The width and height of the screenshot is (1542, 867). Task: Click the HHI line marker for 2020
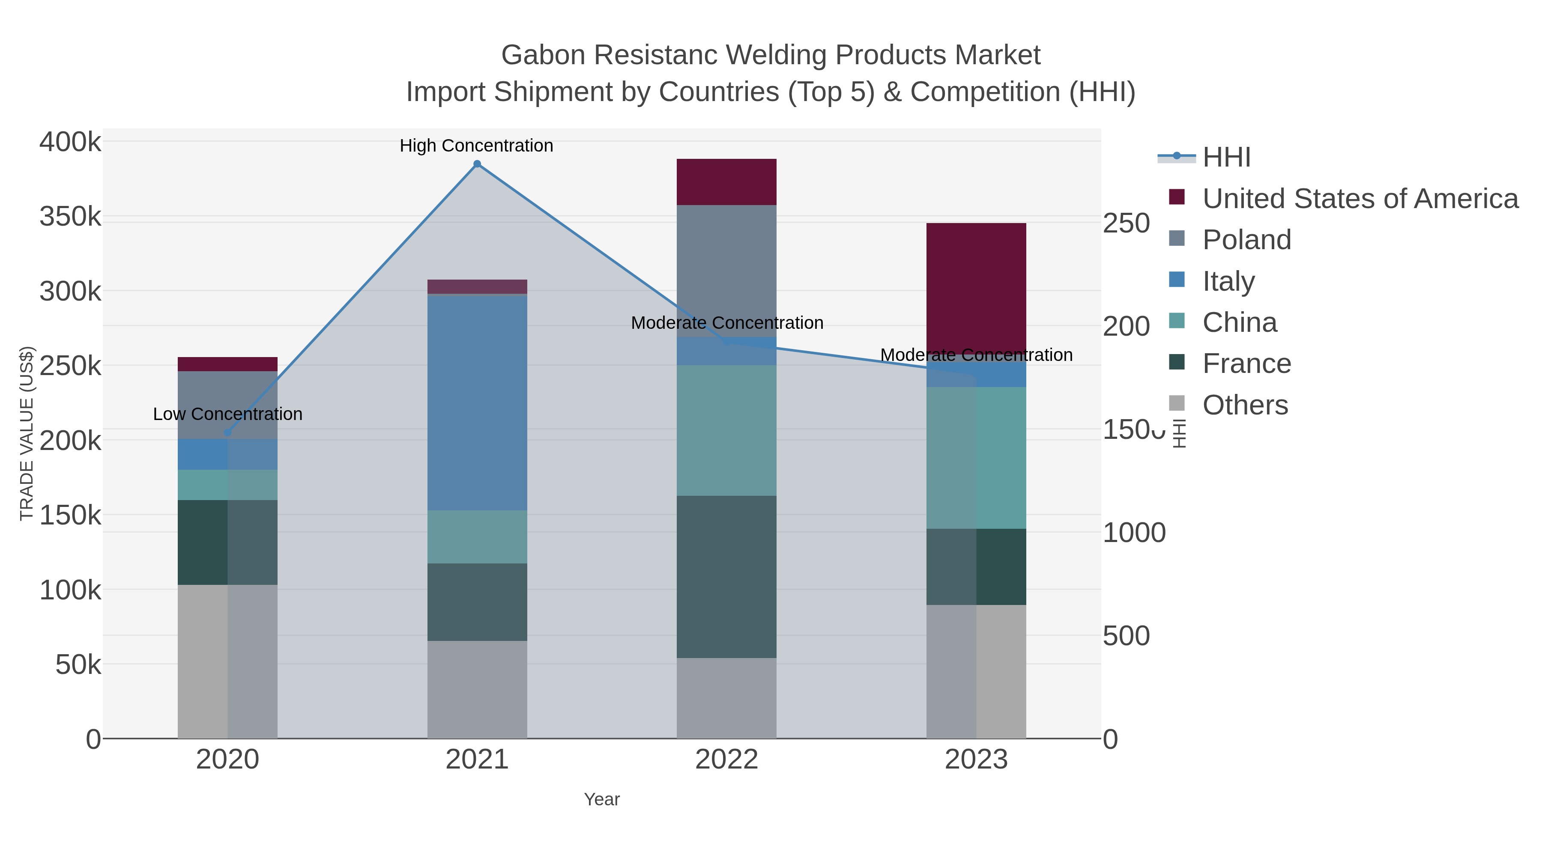pos(227,432)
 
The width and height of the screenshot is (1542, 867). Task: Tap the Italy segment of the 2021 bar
pos(477,403)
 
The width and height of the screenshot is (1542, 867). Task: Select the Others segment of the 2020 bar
pos(227,661)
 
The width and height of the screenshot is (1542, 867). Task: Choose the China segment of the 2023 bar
pos(976,458)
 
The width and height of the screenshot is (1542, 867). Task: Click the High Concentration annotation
pos(476,146)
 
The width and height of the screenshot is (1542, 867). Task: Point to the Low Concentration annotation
pos(227,414)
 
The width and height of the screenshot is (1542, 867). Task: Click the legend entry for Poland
pos(1246,240)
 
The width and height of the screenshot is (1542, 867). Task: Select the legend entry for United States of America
pos(1360,199)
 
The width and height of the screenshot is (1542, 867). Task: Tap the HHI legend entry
pos(1226,158)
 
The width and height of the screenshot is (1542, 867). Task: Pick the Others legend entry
pos(1245,405)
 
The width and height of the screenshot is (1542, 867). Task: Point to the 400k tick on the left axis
pos(70,143)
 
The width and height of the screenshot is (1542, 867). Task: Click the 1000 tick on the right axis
pos(1134,533)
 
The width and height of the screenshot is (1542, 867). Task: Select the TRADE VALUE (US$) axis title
pos(27,433)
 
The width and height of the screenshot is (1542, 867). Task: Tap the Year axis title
pos(602,799)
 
